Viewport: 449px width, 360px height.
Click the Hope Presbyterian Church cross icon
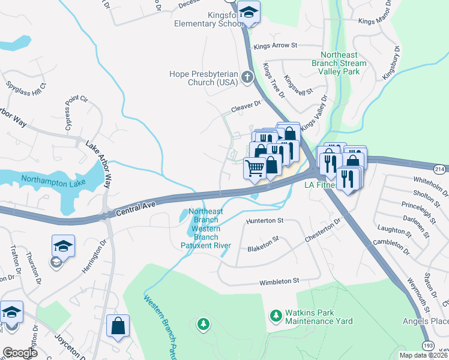click(246, 77)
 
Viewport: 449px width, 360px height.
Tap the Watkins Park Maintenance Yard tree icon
click(276, 315)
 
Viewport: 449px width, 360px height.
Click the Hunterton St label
click(265, 221)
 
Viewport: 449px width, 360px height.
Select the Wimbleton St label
click(279, 281)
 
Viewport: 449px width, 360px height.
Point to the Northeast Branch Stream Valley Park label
click(339, 62)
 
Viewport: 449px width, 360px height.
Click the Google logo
click(20, 353)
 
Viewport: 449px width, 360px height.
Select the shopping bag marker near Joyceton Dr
click(118, 326)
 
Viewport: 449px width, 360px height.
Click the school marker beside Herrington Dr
click(63, 246)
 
